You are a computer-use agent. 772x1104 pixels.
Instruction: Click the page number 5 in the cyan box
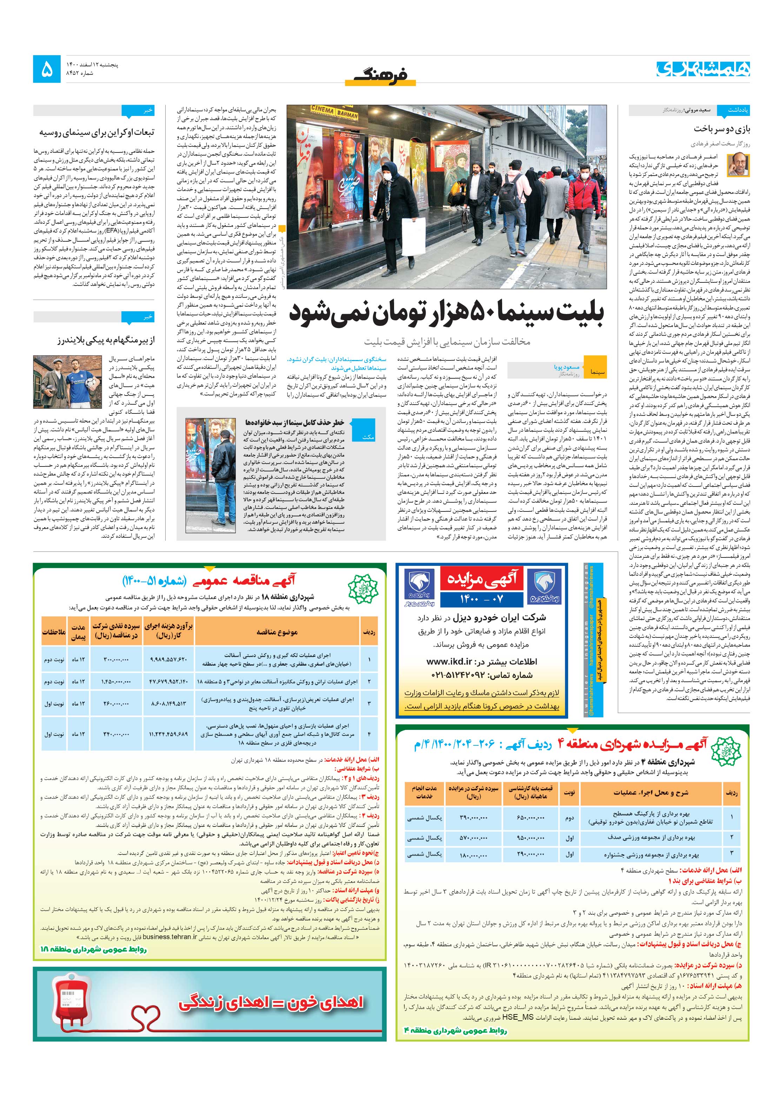(x=47, y=70)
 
